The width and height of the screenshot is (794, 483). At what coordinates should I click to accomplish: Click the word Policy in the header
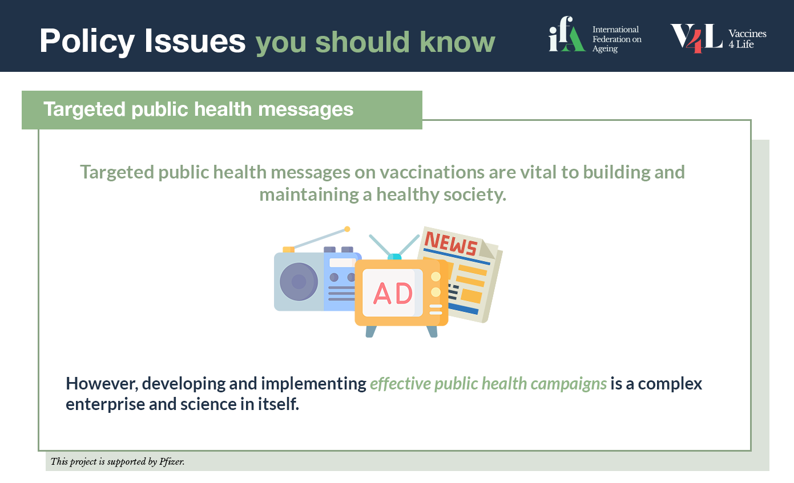[87, 42]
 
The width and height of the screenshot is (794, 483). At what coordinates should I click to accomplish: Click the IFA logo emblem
[566, 34]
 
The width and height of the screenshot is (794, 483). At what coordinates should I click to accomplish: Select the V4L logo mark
[696, 38]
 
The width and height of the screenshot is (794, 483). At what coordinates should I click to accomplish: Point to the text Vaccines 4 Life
[747, 39]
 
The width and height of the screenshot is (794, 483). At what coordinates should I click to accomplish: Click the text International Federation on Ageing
[617, 39]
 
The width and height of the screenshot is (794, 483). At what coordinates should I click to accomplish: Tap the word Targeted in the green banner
[84, 109]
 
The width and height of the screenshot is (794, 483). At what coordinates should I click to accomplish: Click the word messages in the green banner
[305, 109]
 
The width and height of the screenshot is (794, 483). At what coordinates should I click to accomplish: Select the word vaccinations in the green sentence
[432, 172]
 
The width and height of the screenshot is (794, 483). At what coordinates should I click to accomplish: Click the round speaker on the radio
[299, 282]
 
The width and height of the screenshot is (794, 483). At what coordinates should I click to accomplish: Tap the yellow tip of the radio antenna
[348, 229]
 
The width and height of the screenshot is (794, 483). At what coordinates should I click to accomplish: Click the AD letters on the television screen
[393, 293]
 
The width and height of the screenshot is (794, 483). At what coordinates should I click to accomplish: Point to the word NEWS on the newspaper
[451, 243]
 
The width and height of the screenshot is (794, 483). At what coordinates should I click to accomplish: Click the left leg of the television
[371, 331]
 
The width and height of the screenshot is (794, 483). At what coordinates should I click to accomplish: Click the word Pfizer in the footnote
[172, 462]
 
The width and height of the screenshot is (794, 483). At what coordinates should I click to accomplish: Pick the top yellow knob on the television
[436, 277]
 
